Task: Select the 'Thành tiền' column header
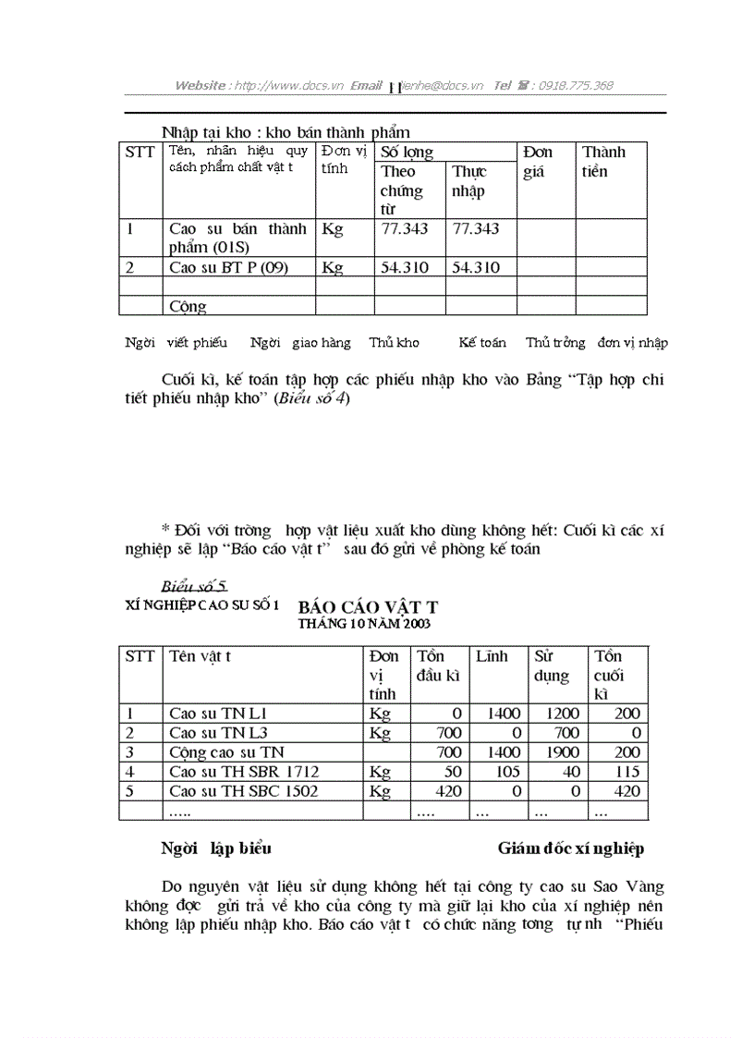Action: tap(603, 162)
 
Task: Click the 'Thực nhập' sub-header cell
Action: tap(468, 181)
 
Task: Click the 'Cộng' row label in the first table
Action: tap(188, 307)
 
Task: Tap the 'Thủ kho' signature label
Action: tap(394, 343)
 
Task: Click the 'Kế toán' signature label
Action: tap(482, 343)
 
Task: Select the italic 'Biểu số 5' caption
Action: tap(194, 586)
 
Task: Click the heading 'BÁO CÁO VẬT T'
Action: tap(368, 607)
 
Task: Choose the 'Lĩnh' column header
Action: tap(492, 656)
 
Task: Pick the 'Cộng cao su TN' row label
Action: tap(226, 752)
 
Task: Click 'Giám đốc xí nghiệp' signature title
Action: tap(570, 849)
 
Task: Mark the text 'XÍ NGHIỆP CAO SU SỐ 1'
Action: tap(201, 604)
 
